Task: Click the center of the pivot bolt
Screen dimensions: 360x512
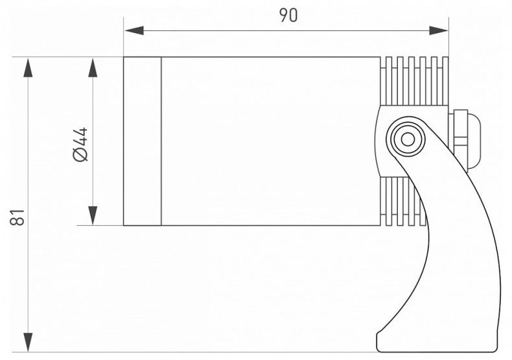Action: click(x=408, y=138)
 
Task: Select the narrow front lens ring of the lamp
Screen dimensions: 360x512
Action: click(x=142, y=141)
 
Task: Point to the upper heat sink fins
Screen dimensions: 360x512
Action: click(x=415, y=80)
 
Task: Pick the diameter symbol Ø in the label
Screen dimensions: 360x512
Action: click(x=80, y=154)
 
